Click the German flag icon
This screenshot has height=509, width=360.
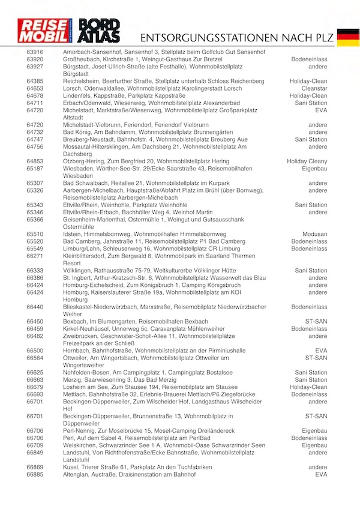348,37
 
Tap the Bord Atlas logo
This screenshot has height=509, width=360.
100,31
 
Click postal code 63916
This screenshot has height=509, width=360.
35,52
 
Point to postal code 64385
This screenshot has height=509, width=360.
35,81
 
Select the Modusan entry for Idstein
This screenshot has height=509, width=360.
314,234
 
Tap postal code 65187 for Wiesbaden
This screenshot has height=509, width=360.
35,169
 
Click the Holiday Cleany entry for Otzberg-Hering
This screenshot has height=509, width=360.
307,161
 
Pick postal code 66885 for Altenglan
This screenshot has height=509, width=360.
35,474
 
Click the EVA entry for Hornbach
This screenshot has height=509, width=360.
321,351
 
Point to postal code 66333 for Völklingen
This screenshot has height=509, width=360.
35,271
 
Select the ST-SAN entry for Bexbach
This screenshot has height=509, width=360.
316,321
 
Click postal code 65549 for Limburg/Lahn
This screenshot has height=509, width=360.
35,248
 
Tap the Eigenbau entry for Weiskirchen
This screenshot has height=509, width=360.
314,445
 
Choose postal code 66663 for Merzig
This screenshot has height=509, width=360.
35,379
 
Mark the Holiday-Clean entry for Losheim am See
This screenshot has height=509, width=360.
308,387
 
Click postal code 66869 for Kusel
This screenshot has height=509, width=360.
35,467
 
